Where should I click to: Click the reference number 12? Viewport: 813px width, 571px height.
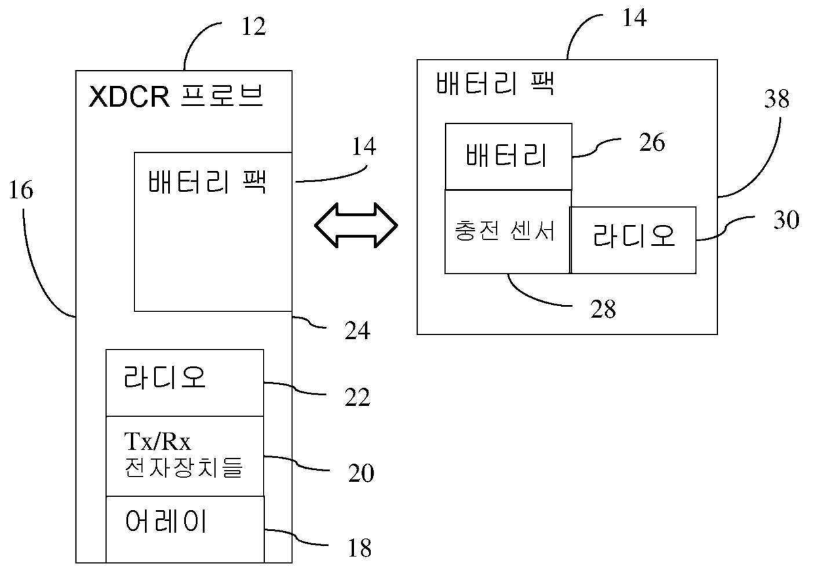(254, 26)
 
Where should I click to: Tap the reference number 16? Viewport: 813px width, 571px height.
(21, 190)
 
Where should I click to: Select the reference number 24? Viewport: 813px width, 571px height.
(357, 330)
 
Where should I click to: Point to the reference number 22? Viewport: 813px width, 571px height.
(357, 397)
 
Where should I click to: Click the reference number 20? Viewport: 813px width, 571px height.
(361, 473)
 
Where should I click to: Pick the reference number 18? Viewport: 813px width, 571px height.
(360, 548)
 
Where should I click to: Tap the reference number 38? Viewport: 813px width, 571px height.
(776, 99)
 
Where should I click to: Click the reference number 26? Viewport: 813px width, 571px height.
(652, 142)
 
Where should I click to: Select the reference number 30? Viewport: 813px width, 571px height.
(786, 220)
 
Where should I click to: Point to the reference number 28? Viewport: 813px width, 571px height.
(603, 309)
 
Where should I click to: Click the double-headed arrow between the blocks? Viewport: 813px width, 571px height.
(355, 226)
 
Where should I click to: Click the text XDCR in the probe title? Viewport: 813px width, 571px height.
(129, 96)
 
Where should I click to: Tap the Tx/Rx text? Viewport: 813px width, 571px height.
(157, 441)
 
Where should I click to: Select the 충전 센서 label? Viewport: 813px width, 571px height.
(504, 231)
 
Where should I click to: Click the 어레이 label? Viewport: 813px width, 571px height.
(165, 521)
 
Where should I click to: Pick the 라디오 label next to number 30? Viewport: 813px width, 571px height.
(634, 235)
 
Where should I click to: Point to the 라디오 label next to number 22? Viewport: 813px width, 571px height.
(165, 377)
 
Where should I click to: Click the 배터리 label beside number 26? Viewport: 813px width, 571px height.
(506, 155)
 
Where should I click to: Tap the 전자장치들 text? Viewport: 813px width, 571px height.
(183, 467)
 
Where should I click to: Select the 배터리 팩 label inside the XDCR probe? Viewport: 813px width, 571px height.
(207, 182)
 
